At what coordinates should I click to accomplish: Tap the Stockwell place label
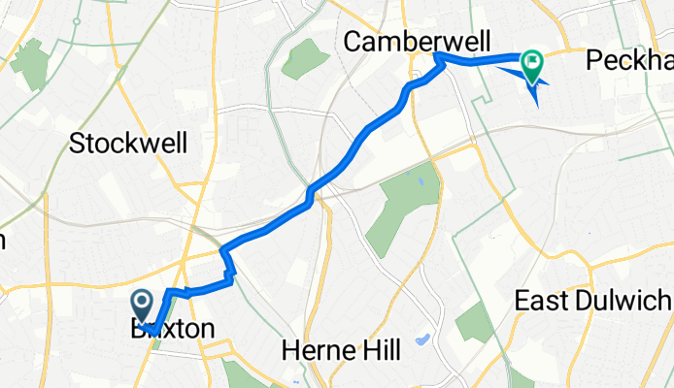point(128,144)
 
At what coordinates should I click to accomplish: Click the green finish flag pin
point(532,64)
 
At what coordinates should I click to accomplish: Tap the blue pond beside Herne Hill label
point(421,340)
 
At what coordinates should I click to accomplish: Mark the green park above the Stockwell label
point(32,65)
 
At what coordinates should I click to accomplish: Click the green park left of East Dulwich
point(475,322)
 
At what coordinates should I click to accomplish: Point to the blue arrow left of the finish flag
point(509,69)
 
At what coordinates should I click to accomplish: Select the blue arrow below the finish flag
point(535,93)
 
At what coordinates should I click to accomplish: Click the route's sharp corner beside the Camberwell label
point(439,57)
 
